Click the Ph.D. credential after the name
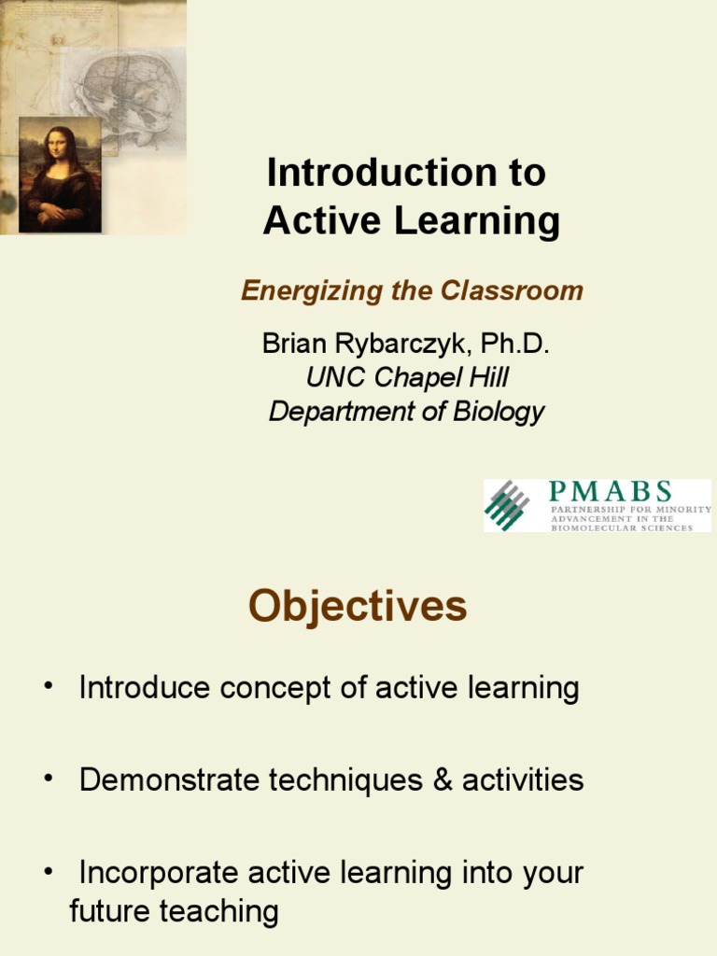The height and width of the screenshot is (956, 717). pyautogui.click(x=515, y=344)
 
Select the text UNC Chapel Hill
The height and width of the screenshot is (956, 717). pyautogui.click(x=407, y=377)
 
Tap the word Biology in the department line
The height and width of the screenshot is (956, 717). pyautogui.click(x=499, y=412)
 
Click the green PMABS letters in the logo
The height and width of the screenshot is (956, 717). pyautogui.click(x=610, y=491)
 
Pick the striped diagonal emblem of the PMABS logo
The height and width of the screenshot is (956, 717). pyautogui.click(x=507, y=505)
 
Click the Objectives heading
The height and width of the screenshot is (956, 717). pyautogui.click(x=358, y=606)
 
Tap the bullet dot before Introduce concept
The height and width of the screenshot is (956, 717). pyautogui.click(x=49, y=686)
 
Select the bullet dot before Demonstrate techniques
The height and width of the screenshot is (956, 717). pyautogui.click(x=49, y=779)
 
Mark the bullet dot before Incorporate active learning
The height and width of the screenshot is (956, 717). pyautogui.click(x=49, y=871)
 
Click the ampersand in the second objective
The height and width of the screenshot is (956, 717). pyautogui.click(x=443, y=780)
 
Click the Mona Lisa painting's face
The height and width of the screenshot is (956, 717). pyautogui.click(x=59, y=147)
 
